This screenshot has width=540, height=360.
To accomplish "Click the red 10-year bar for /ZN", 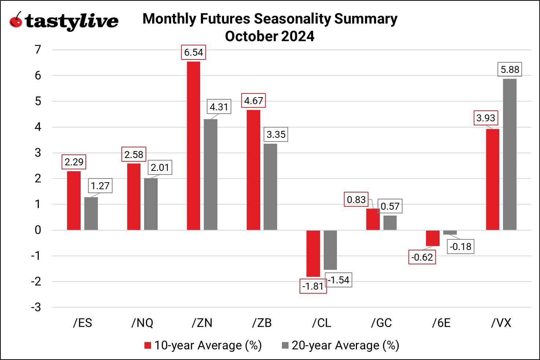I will [194, 146].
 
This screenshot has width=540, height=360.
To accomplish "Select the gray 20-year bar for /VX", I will [510, 154].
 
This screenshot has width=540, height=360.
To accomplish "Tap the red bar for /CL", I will [313, 253].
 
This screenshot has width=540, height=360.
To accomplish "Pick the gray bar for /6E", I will [450, 232].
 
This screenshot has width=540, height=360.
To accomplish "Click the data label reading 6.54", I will [193, 52].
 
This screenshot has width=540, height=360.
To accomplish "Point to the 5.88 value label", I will [510, 70].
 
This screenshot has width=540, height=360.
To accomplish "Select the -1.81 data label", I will [313, 286].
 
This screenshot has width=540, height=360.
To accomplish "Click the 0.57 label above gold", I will [390, 206].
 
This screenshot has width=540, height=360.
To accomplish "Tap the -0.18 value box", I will [461, 247].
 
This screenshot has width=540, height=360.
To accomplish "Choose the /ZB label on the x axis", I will [262, 323].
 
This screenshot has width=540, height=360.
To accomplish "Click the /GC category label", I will [381, 323].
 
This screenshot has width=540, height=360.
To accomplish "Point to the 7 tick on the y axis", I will [38, 49].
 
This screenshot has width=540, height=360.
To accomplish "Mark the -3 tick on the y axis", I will [36, 307].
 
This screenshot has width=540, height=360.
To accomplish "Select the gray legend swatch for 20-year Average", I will [285, 345].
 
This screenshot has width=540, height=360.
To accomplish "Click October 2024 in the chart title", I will [269, 36].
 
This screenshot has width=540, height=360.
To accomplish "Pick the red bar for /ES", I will [74, 201].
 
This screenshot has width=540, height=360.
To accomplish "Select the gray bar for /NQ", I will [151, 204].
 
